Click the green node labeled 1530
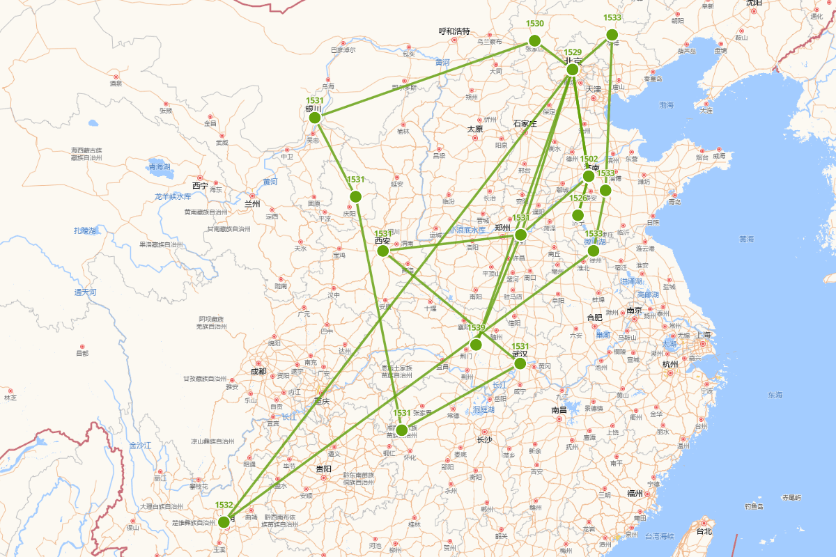tap(534, 40)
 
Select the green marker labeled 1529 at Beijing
tap(573, 69)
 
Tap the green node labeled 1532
tap(224, 521)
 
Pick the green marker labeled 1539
tap(476, 345)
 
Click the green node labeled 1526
tap(578, 214)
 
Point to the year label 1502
tap(589, 159)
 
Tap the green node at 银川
tap(315, 118)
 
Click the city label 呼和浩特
tap(454, 31)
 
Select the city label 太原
tap(475, 129)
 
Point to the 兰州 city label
tap(251, 204)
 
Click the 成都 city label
tap(258, 371)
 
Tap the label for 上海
tap(702, 335)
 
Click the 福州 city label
tap(634, 494)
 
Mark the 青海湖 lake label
tap(159, 166)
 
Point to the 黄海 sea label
tap(746, 239)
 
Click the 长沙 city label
tap(484, 440)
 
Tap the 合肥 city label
tap(594, 317)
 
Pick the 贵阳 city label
tap(323, 469)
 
